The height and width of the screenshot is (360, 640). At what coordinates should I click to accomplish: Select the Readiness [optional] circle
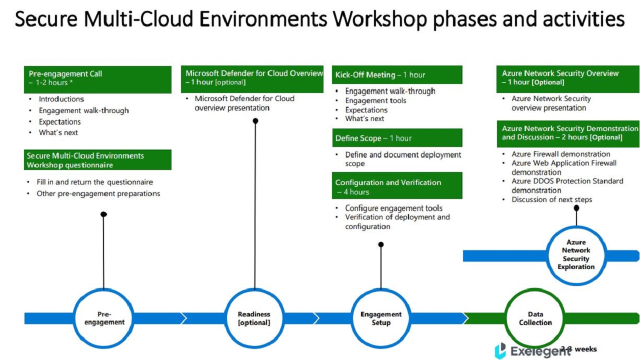pos(226,318)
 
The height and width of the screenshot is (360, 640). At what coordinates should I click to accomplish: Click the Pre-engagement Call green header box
pos(97,79)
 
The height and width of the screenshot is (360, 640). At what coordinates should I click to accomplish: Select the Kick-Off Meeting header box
pos(397,75)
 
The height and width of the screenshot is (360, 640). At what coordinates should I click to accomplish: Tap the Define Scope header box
pos(397,138)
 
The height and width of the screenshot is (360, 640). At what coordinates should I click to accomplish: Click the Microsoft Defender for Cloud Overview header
pos(252,79)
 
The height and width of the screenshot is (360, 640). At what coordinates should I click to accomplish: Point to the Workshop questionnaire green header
pos(97,159)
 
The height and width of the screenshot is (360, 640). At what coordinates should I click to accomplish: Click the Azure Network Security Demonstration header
pos(568,133)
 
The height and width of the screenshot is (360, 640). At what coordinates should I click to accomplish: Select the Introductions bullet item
pos(61,99)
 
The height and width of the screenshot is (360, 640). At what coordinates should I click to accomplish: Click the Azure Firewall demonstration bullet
pos(561,154)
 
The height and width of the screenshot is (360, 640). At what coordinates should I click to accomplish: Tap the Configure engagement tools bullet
pos(393,208)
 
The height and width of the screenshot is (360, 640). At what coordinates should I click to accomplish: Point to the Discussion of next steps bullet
pos(551,199)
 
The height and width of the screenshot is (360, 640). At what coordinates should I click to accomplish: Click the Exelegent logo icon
pos(500,350)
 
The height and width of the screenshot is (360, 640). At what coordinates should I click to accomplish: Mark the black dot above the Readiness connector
pos(255,121)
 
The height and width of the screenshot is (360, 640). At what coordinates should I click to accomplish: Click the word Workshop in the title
pos(380,19)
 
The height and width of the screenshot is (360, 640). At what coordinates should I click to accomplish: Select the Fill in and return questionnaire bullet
pos(95,182)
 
